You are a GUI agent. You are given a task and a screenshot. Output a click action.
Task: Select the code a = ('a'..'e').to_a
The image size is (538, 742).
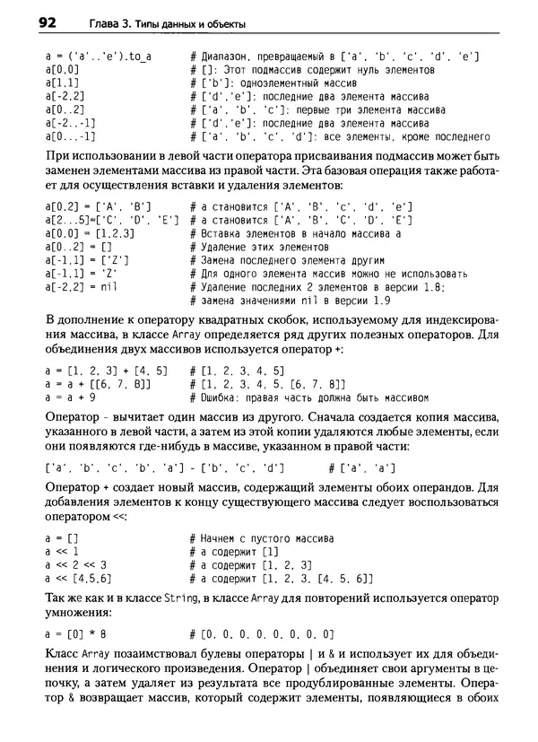[98, 56]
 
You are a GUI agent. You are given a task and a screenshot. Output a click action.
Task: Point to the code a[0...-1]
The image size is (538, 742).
[70, 136]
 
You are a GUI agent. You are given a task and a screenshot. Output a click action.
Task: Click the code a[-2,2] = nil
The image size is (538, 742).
[82, 286]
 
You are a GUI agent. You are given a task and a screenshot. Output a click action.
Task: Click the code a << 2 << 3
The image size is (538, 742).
[75, 564]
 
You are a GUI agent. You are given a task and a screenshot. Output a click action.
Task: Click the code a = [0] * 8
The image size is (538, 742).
[74, 633]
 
